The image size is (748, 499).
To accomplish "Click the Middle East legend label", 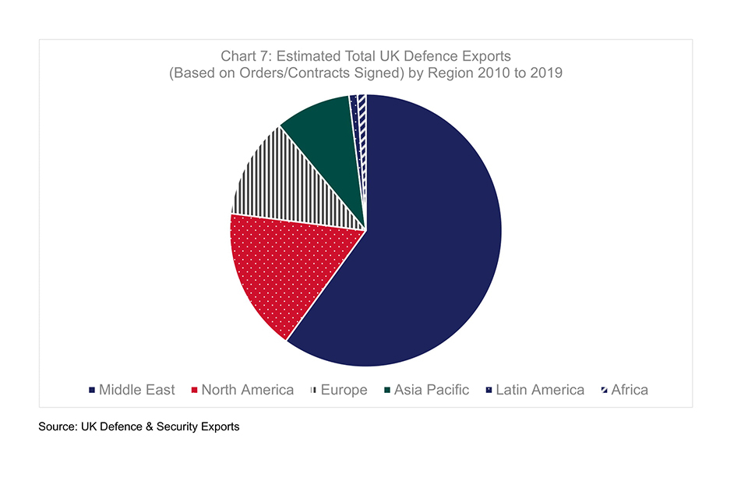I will pyautogui.click(x=136, y=390).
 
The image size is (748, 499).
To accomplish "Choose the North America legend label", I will pyautogui.click(x=247, y=390).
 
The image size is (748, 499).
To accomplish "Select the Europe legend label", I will pyautogui.click(x=344, y=390).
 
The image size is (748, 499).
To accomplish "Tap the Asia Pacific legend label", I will pyautogui.click(x=431, y=390).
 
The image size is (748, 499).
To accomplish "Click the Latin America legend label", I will pyautogui.click(x=539, y=390).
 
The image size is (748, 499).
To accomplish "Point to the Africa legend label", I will pyautogui.click(x=630, y=390).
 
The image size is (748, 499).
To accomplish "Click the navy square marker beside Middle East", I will pyautogui.click(x=93, y=390).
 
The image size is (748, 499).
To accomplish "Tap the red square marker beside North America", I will pyautogui.click(x=195, y=390).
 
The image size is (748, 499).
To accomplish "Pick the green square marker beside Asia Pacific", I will pyautogui.click(x=387, y=390).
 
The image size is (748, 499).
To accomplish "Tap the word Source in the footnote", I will pyautogui.click(x=58, y=427).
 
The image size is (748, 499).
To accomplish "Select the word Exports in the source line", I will pyautogui.click(x=218, y=427).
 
